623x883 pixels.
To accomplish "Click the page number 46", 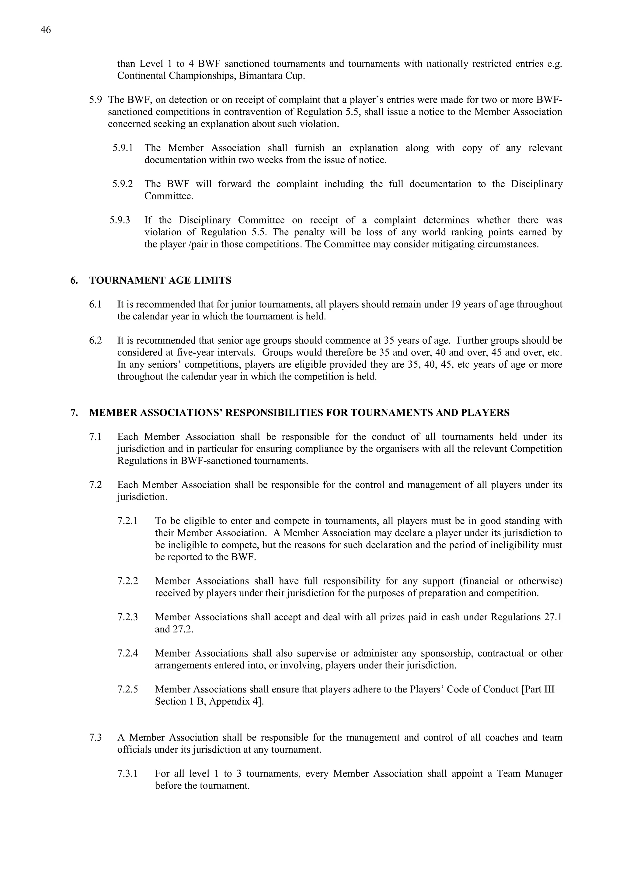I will click(x=45, y=30).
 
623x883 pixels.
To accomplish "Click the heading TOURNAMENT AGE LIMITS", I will click(x=160, y=280).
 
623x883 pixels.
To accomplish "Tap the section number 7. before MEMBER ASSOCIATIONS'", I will click(x=74, y=413).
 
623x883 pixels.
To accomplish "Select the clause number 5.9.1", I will click(x=123, y=148).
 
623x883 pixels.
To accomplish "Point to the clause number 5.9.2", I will click(x=123, y=184).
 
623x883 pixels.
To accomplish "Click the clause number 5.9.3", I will click(x=120, y=220).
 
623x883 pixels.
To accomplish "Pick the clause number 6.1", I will click(x=95, y=305).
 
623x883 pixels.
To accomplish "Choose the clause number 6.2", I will click(x=95, y=341).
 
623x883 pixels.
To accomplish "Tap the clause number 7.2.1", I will click(x=127, y=521).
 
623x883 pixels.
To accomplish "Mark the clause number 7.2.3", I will click(x=127, y=617).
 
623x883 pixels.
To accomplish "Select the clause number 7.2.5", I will click(x=127, y=689).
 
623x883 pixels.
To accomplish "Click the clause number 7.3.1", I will click(x=127, y=773).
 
